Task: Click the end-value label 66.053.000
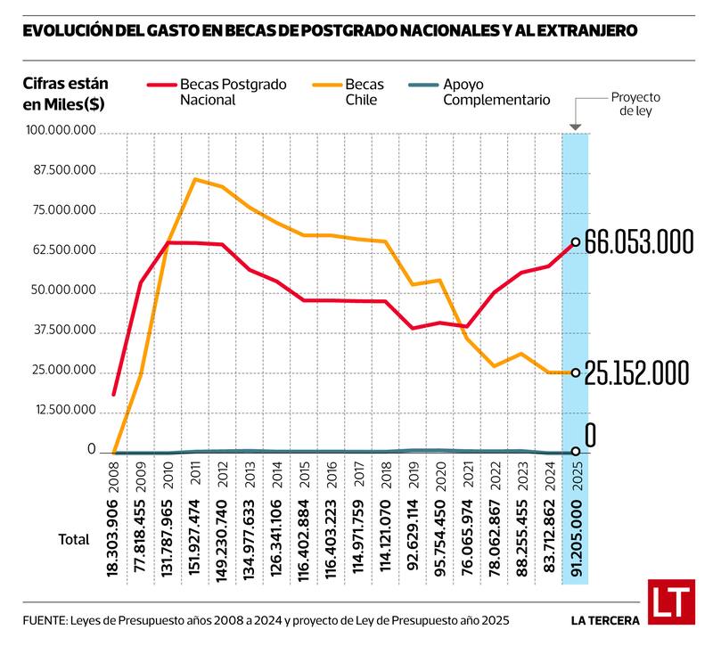pos(639,242)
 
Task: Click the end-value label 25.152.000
pos(638,373)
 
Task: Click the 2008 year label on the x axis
pos(113,480)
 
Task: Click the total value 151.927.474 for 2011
pos(195,544)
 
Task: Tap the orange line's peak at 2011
pos(195,179)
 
